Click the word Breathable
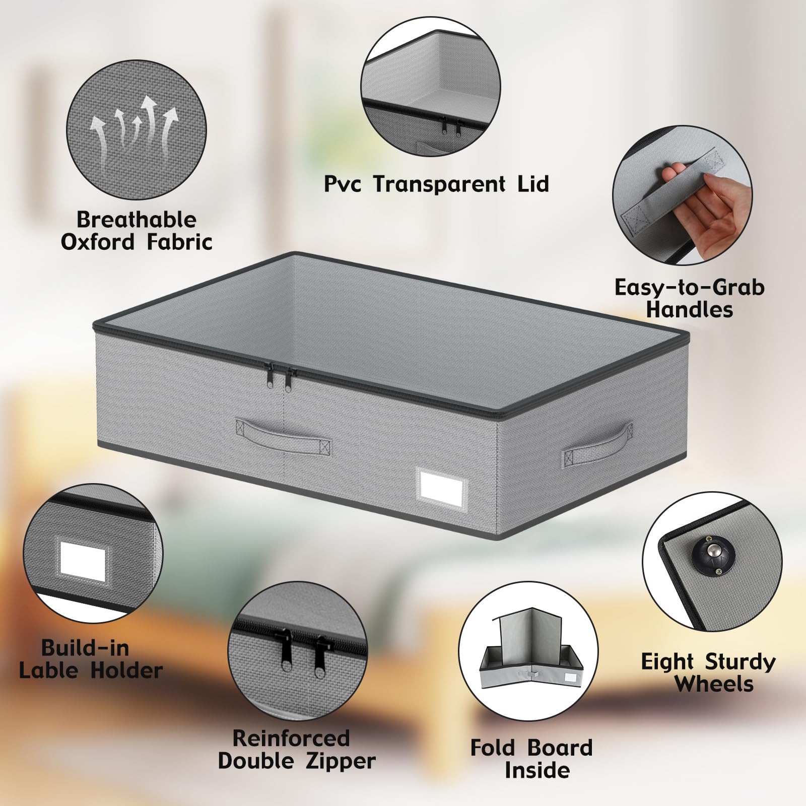click(136, 220)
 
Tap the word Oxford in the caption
click(97, 242)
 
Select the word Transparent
click(439, 184)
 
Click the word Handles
click(689, 309)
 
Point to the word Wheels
click(714, 684)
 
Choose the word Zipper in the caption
click(340, 761)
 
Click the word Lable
click(48, 670)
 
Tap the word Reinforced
click(291, 738)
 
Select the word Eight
click(668, 662)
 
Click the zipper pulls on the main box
click(282, 376)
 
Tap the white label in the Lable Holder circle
click(83, 562)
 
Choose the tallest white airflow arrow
click(149, 121)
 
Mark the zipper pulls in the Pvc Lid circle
click(451, 128)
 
